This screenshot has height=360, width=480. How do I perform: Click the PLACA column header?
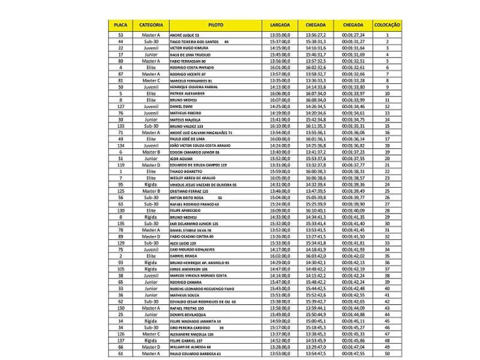(x=121, y=25)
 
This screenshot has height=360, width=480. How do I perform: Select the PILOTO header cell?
(x=217, y=25)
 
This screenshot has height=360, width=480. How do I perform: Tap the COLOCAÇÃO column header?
(x=388, y=25)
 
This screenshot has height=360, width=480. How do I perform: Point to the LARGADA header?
(x=280, y=25)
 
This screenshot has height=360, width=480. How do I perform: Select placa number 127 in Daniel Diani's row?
(x=121, y=106)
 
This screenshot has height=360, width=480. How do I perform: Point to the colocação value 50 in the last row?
(x=388, y=353)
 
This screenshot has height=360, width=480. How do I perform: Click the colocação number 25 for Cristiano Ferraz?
(x=388, y=191)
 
